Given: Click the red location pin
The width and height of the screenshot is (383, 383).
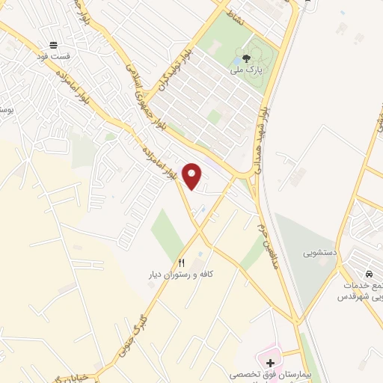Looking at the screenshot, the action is (x=193, y=176).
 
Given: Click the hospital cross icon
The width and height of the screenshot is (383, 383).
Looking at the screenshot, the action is (x=270, y=362).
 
